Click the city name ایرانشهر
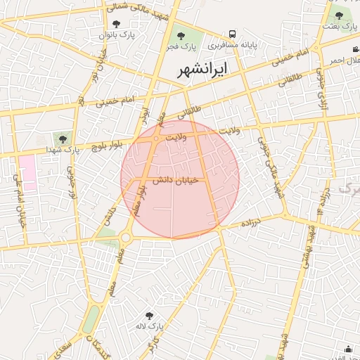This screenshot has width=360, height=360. pyautogui.click(x=202, y=71)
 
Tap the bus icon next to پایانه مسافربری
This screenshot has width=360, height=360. pyautogui.click(x=232, y=34)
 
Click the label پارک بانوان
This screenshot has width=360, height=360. pyautogui.click(x=117, y=34)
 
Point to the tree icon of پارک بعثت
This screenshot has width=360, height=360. pyautogui.click(x=339, y=15)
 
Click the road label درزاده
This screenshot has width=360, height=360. pyautogui.click(x=251, y=223)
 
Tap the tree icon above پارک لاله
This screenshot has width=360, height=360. pyautogui.click(x=148, y=316)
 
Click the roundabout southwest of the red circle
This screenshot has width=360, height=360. pyautogui.click(x=126, y=238)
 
